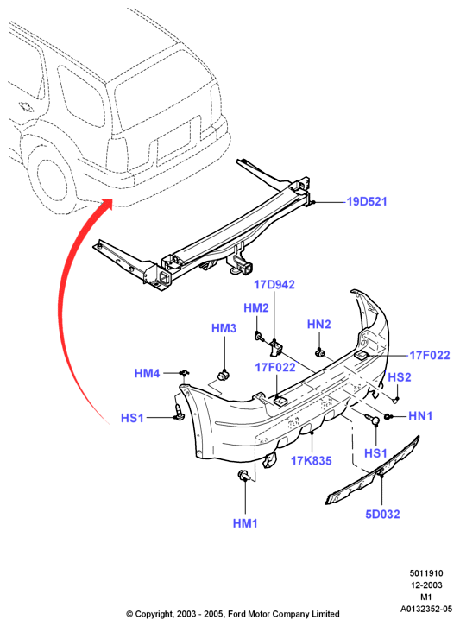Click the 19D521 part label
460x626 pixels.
[x=367, y=201]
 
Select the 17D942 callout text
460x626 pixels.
[x=274, y=285]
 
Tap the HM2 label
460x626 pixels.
[x=256, y=307]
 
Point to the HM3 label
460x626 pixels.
[x=224, y=328]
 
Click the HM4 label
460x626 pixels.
[x=148, y=373]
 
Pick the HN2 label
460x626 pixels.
[x=319, y=324]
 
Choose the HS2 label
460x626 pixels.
[x=400, y=376]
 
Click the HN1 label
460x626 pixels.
[x=420, y=416]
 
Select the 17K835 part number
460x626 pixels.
[x=312, y=461]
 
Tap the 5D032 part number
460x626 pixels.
[x=382, y=515]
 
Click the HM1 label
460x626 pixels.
[x=245, y=523]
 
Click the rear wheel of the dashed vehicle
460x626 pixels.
[x=51, y=179]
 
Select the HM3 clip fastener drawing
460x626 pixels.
[x=223, y=375]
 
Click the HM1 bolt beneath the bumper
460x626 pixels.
[x=243, y=476]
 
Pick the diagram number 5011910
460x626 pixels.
[x=426, y=573]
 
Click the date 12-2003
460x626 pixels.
[x=427, y=585]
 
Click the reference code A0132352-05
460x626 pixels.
[x=426, y=609]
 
